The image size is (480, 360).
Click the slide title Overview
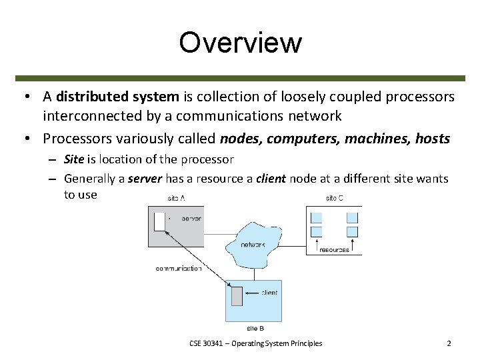point(240,43)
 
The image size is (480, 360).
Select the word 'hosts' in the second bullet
point(432,139)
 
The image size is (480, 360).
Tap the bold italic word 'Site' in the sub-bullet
point(74,159)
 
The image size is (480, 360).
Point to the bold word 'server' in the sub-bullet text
point(145,179)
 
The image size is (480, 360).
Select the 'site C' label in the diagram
point(333,198)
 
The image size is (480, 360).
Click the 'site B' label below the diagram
point(255,328)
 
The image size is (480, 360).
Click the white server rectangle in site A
point(159,221)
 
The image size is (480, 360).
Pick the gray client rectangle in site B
point(237,294)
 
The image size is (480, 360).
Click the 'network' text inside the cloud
point(252,245)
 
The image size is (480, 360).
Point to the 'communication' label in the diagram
point(179,269)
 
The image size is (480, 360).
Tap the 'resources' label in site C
point(334,250)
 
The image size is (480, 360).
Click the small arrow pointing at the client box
point(252,293)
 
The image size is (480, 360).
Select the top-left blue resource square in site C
point(317,217)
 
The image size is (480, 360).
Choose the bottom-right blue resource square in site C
point(352,232)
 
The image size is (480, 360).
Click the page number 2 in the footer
point(449,343)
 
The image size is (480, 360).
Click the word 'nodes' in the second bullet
point(237,139)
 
